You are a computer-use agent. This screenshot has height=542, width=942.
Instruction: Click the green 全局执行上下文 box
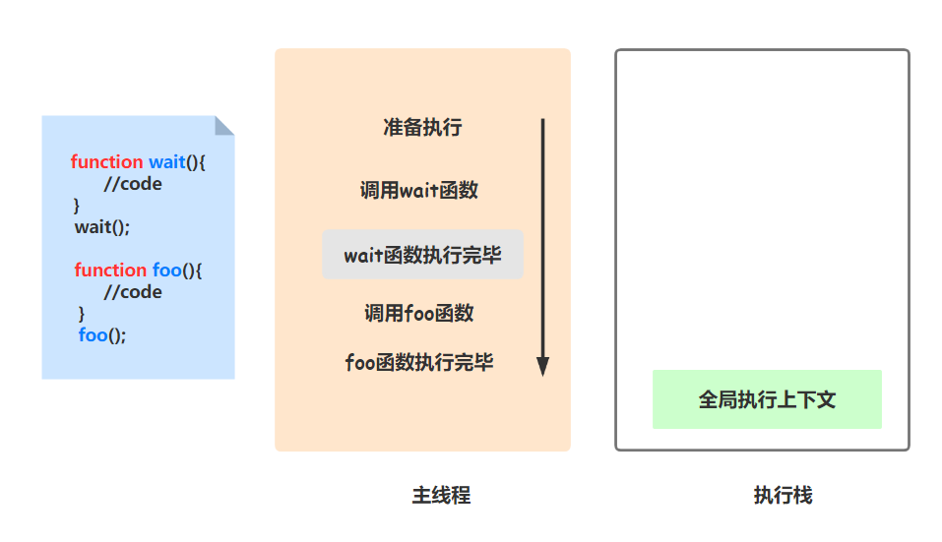pos(767,399)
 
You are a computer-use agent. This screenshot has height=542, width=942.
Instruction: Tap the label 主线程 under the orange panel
pos(441,496)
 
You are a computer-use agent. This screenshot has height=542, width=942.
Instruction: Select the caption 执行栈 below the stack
pos(783,496)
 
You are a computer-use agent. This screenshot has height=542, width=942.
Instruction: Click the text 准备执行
pos(422,127)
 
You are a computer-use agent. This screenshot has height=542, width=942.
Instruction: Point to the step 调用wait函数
pos(419,190)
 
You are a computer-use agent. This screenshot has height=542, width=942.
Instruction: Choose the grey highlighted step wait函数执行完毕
pos(422,255)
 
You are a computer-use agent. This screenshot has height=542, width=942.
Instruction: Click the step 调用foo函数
pos(419,313)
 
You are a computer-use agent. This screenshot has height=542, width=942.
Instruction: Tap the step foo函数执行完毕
pos(419,362)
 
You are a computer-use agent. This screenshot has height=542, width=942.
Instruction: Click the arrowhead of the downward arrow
pos(542,366)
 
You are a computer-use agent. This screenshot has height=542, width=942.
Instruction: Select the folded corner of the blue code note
pos(224,125)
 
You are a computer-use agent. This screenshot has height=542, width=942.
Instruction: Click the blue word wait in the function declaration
pos(167,162)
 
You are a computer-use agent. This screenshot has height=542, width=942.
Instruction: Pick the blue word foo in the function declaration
pos(166,271)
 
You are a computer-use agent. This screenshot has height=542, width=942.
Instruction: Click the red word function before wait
pos(106,162)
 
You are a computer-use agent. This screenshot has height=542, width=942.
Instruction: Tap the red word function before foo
pos(110,271)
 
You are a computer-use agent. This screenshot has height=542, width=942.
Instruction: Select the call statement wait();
pos(102,227)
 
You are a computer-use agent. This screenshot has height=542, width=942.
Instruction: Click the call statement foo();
pos(102,335)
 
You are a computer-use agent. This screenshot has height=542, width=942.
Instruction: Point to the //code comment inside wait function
pos(133,184)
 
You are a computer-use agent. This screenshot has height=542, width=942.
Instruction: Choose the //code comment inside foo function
pos(133,292)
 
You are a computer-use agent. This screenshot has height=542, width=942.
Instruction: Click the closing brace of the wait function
pos(77,206)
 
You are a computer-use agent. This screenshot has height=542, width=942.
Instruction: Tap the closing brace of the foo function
pos(82,314)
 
